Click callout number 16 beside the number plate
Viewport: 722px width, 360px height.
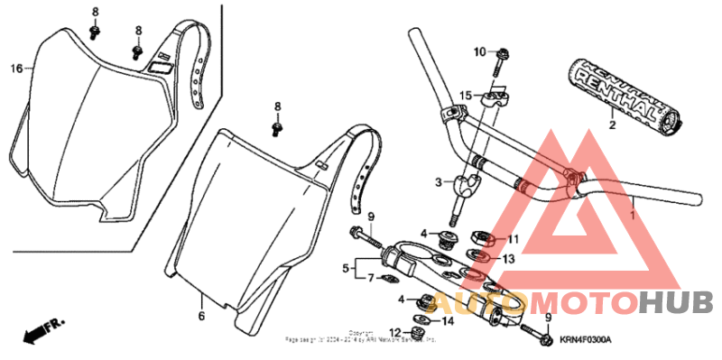[x=15, y=69]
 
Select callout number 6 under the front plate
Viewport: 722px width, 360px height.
[x=201, y=317]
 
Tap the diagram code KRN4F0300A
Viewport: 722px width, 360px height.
[x=585, y=339]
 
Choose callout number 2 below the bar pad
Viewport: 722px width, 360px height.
[x=611, y=125]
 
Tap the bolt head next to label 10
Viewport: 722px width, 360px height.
[x=500, y=51]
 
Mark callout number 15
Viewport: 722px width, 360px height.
[x=465, y=96]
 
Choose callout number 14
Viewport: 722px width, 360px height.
[x=449, y=319]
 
